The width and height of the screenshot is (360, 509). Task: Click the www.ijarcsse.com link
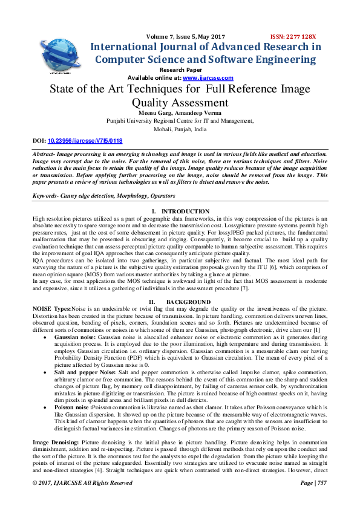(x=208, y=78)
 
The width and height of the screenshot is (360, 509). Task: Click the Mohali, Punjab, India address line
(x=180, y=129)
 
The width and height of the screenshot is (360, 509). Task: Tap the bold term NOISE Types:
(x=51, y=308)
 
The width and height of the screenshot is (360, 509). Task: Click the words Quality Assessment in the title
(x=180, y=102)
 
